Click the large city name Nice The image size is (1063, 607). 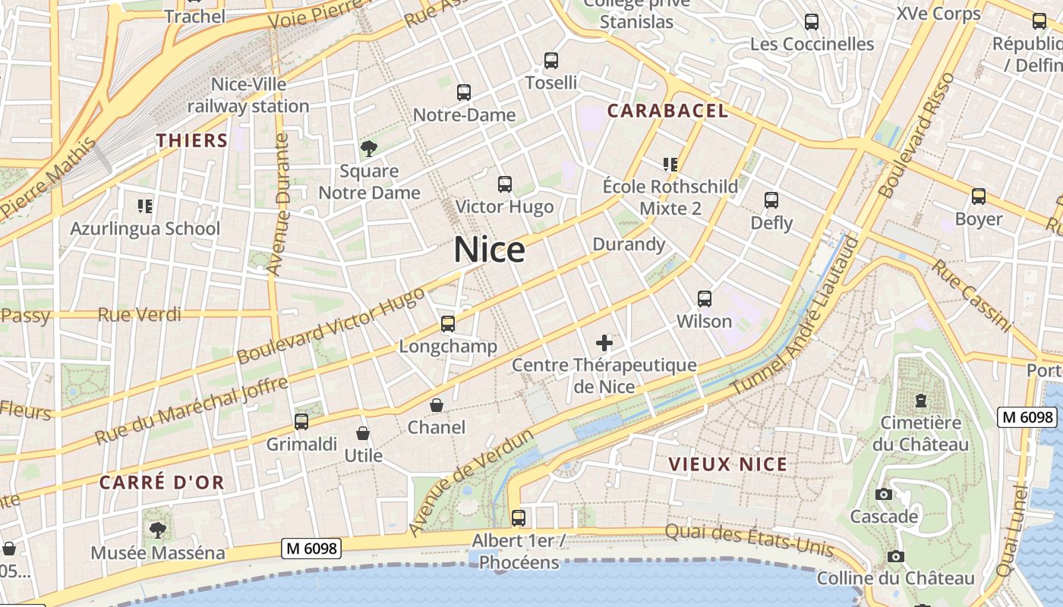click(x=490, y=250)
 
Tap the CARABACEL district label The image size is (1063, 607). click(x=667, y=111)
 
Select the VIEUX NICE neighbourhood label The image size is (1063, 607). click(x=727, y=464)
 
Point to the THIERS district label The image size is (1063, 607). click(x=192, y=140)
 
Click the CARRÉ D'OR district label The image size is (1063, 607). click(x=162, y=482)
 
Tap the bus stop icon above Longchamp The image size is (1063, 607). click(x=448, y=324)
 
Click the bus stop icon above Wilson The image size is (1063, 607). click(x=705, y=299)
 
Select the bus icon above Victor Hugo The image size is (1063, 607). click(x=504, y=184)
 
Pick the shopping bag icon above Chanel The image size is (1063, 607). click(x=437, y=405)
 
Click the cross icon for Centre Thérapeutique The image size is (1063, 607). click(x=604, y=343)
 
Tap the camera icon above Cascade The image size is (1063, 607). click(x=883, y=495)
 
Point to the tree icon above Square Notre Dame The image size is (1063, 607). click(x=369, y=149)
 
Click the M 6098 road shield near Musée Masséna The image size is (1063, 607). click(x=311, y=548)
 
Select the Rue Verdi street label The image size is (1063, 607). click(x=140, y=314)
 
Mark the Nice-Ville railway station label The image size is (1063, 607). click(x=248, y=95)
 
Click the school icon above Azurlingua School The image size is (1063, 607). click(x=144, y=206)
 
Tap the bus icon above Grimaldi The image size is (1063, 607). click(x=301, y=422)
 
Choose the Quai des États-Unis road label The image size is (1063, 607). click(x=749, y=539)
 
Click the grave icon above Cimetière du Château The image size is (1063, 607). click(x=921, y=400)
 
